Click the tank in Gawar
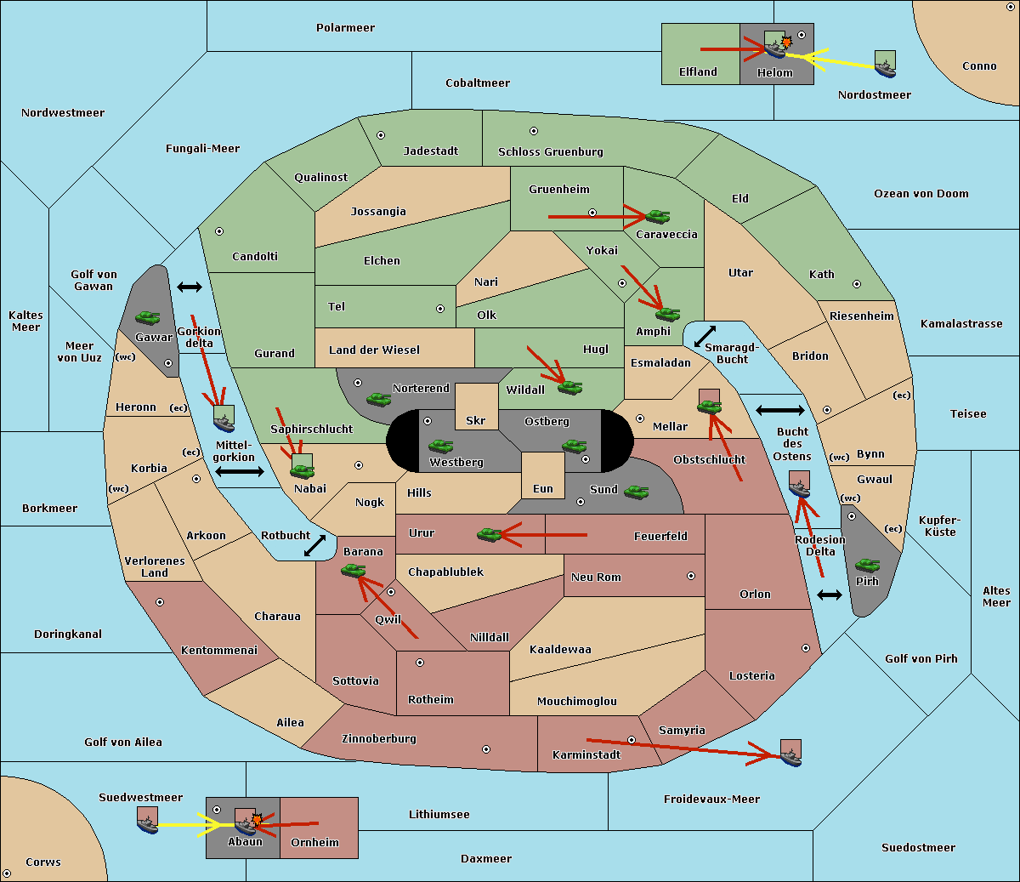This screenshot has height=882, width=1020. tap(148, 317)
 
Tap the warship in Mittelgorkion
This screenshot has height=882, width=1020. tap(224, 424)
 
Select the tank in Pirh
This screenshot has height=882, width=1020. tap(868, 565)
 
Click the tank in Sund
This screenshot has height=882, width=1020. tap(637, 492)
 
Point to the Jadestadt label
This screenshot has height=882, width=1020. tap(431, 151)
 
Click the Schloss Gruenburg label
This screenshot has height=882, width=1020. tap(551, 151)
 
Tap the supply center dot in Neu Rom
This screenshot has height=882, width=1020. tap(691, 576)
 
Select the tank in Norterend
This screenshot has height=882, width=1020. tap(378, 399)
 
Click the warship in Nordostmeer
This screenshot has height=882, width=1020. tap(886, 70)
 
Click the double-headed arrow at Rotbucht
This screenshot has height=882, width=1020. tap(314, 546)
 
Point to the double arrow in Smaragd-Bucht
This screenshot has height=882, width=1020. tap(705, 336)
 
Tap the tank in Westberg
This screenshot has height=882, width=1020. tap(440, 446)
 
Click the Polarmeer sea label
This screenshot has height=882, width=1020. tap(345, 28)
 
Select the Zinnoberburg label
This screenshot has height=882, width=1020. tap(379, 739)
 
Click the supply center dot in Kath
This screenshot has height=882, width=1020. tap(857, 284)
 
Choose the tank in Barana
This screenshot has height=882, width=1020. tap(354, 571)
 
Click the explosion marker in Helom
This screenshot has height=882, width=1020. tap(786, 42)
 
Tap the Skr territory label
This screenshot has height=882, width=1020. tap(476, 421)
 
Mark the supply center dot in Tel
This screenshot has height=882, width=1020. tap(440, 309)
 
